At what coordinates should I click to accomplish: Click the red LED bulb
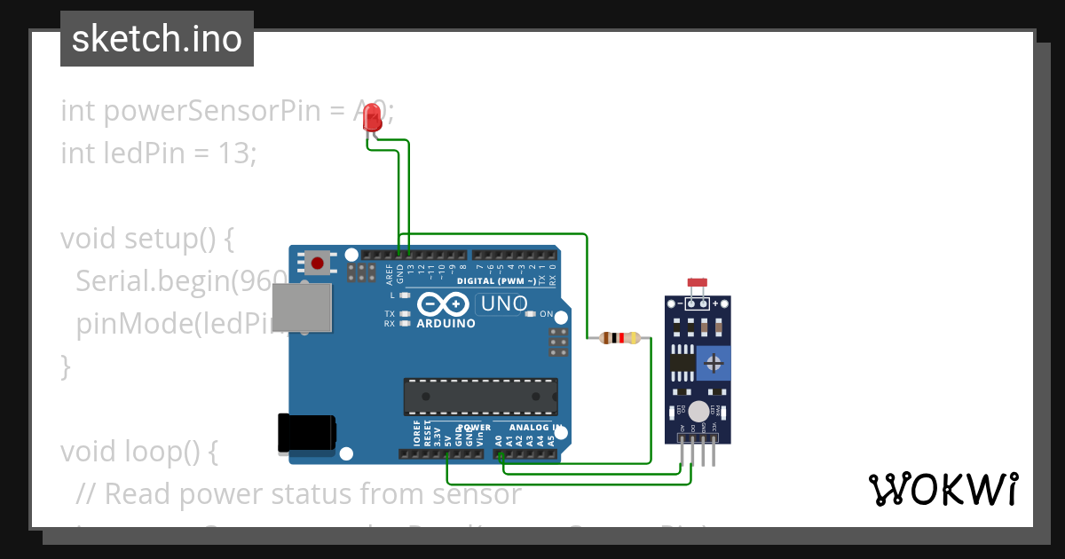click(x=373, y=117)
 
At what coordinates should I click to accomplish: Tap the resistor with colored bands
click(x=619, y=338)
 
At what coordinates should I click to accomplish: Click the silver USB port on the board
click(x=301, y=309)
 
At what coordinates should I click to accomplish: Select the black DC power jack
click(x=306, y=433)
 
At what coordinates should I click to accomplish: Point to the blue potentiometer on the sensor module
click(x=713, y=362)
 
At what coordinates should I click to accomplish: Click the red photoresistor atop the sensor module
click(x=698, y=284)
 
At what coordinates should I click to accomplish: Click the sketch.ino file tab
click(x=157, y=39)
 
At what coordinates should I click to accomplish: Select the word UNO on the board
click(x=501, y=304)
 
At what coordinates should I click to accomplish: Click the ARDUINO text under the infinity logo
click(x=446, y=324)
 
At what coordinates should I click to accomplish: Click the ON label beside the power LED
click(x=547, y=315)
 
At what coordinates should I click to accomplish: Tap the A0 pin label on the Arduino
click(x=499, y=439)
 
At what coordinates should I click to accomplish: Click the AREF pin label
click(x=390, y=272)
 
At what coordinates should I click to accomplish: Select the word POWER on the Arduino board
click(x=473, y=427)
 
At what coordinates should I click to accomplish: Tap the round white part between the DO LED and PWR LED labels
click(x=699, y=411)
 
